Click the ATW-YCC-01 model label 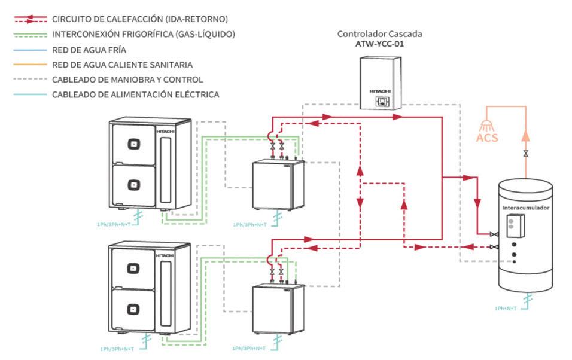[380, 44]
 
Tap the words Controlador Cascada [380, 34]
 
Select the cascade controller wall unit [381, 83]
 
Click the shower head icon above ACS [486, 126]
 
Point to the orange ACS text [487, 138]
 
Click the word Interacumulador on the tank [525, 208]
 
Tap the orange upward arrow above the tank [525, 136]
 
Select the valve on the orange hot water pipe [526, 154]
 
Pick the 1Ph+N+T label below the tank [506, 308]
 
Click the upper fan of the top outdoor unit [134, 144]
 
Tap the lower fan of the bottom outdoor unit [133, 309]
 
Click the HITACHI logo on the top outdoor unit [166, 132]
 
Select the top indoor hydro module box [278, 185]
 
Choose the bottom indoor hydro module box [278, 309]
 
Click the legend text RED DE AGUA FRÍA [89, 50]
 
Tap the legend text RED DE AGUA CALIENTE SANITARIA [122, 65]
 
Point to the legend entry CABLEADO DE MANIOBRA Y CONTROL [127, 80]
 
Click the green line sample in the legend [31, 35]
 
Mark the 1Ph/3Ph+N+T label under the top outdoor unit [114, 224]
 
